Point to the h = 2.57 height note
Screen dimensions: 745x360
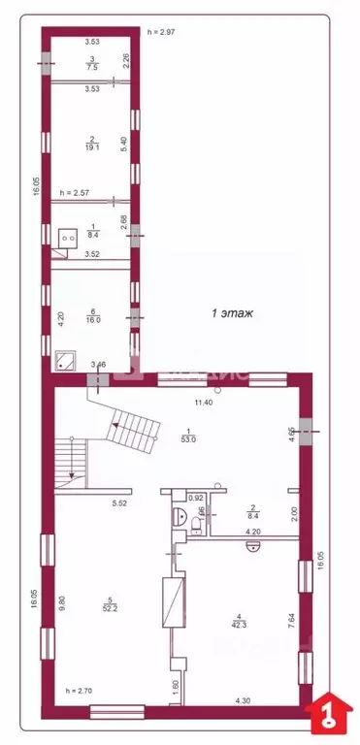point(76,193)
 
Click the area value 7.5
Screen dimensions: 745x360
point(91,68)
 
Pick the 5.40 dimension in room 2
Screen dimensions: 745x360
point(123,142)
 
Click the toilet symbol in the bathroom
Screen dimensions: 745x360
point(196,524)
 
